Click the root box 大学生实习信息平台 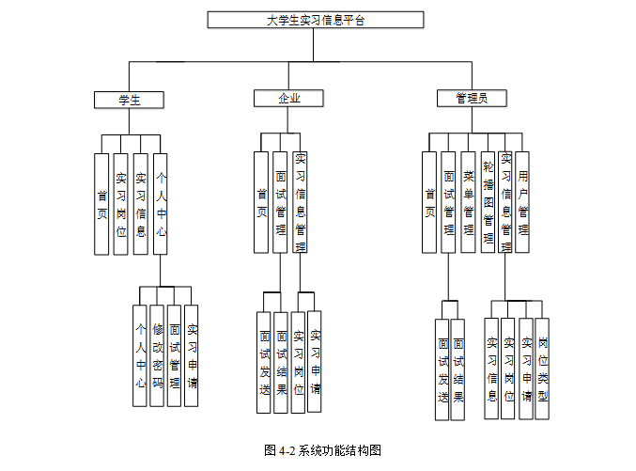(315, 20)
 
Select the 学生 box (129, 99)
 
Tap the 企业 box (288, 99)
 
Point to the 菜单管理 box (467, 202)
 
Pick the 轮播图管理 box (487, 202)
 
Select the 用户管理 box (523, 202)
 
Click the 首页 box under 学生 (101, 203)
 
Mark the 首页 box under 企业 (261, 202)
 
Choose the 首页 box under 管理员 (429, 202)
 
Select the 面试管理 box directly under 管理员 (449, 202)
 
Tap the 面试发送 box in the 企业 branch (264, 361)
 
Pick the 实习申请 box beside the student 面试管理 (192, 355)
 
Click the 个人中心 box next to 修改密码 (139, 355)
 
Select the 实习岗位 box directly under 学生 (120, 203)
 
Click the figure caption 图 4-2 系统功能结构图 (322, 450)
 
